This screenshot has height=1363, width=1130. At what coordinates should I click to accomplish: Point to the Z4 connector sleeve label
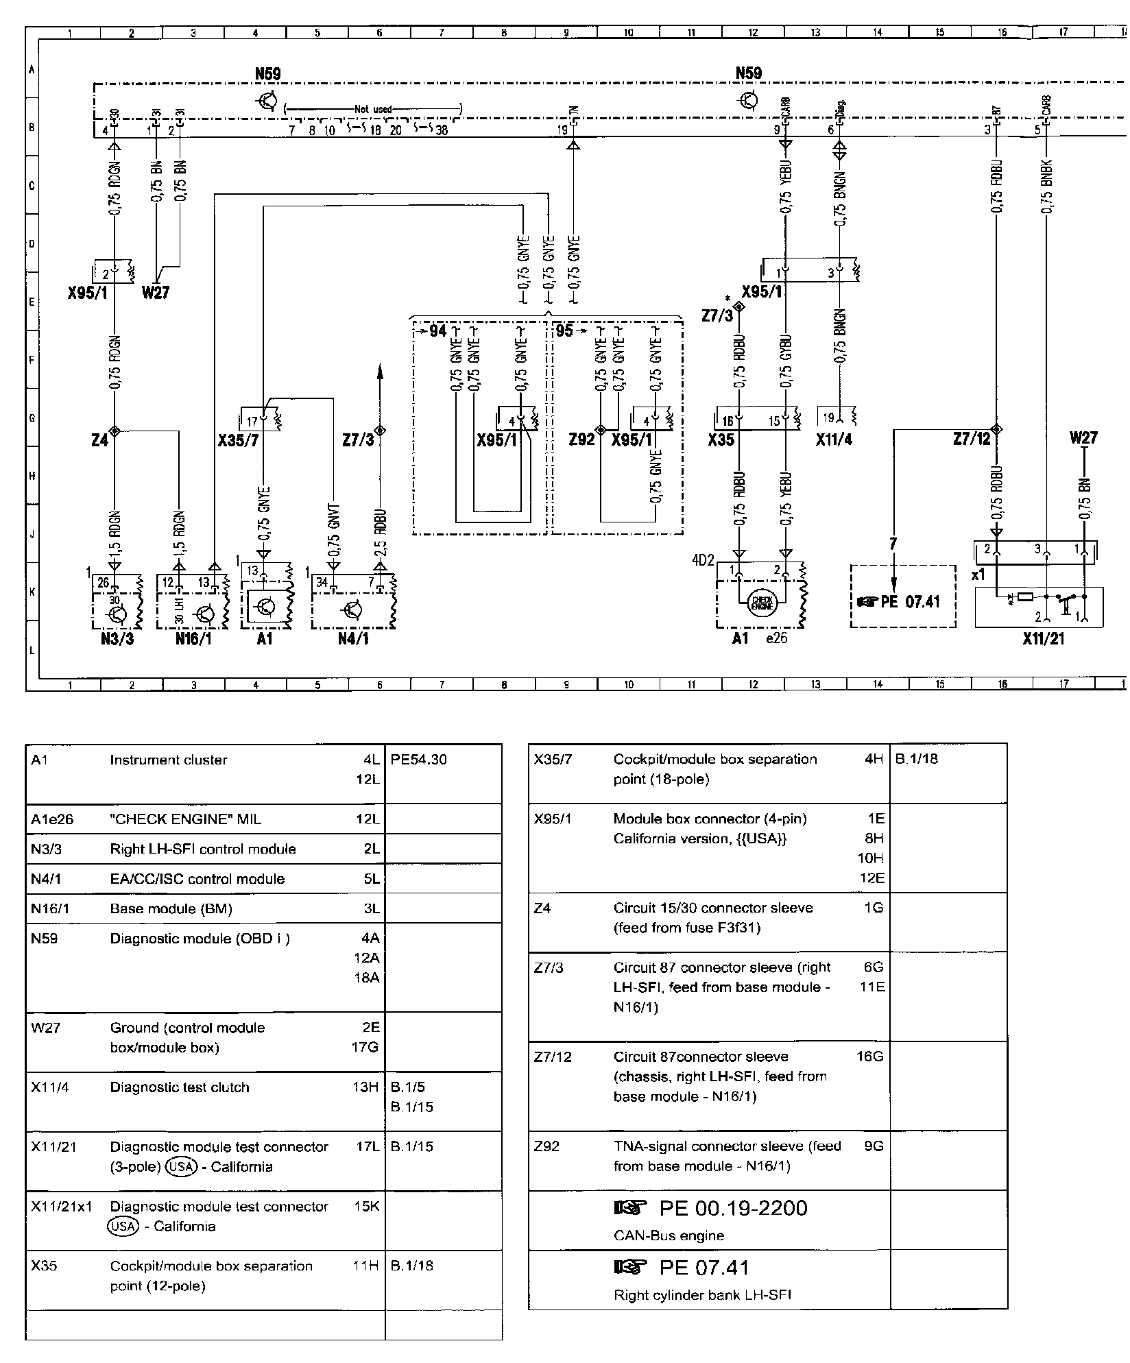(99, 440)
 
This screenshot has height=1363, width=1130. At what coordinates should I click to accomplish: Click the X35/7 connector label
(238, 440)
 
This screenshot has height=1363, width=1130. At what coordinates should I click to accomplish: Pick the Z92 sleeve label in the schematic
(582, 439)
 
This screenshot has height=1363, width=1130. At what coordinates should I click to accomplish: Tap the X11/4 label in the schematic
(834, 439)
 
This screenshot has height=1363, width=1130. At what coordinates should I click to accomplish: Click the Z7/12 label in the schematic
(973, 439)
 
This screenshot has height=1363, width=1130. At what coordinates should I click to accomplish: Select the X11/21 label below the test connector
(1043, 639)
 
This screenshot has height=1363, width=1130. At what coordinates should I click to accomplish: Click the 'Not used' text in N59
(373, 109)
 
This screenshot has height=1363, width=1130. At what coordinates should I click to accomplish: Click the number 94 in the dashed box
(437, 332)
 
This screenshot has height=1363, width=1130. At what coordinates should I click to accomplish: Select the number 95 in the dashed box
(564, 332)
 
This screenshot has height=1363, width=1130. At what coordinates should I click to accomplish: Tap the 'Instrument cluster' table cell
(168, 760)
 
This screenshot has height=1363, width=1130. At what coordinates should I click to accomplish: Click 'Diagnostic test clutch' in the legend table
(180, 1087)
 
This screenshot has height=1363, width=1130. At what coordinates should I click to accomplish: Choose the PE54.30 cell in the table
(418, 760)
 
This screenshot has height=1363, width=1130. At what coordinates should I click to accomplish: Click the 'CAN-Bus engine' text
(669, 1235)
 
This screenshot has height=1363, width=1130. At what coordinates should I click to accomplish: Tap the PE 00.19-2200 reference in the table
(733, 1208)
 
